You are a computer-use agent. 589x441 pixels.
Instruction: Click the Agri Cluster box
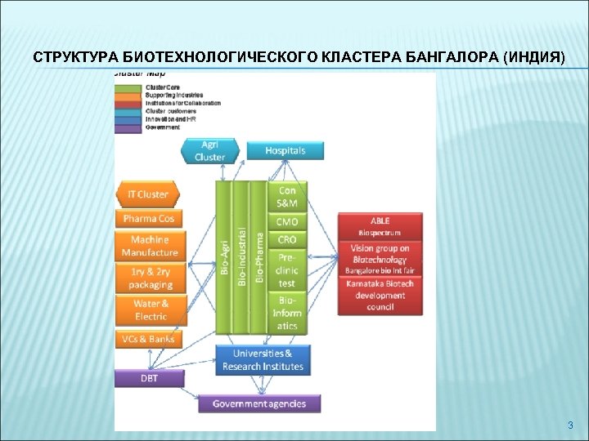tap(210, 150)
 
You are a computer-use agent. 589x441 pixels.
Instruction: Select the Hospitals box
tap(285, 150)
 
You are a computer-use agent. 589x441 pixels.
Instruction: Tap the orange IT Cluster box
tap(148, 194)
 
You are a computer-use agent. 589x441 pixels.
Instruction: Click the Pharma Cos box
tap(148, 219)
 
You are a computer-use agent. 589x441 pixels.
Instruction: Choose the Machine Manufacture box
tap(150, 246)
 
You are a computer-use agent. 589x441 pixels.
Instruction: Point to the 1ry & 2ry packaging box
tap(150, 278)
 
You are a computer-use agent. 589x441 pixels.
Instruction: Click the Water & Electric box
tap(150, 310)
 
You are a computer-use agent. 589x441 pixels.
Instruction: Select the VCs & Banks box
tap(150, 339)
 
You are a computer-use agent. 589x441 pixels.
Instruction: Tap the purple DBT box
tap(149, 378)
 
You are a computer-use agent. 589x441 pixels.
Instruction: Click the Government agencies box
tap(259, 403)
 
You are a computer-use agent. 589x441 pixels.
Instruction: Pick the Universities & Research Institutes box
tap(263, 359)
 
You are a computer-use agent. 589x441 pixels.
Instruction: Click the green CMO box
tap(287, 222)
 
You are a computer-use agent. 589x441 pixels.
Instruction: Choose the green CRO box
tap(287, 240)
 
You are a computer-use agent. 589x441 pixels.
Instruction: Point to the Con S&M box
tap(287, 197)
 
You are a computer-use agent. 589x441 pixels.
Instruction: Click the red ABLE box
tap(380, 225)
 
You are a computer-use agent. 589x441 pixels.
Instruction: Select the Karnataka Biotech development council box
tap(380, 296)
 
